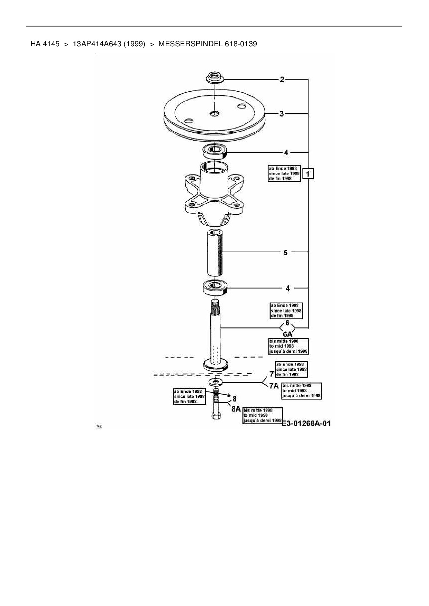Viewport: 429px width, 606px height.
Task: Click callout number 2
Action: pyautogui.click(x=282, y=79)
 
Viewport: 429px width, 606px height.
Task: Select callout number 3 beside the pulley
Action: pyautogui.click(x=282, y=113)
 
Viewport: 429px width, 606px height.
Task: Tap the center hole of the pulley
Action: pyautogui.click(x=214, y=113)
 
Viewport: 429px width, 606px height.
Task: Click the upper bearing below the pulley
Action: pyautogui.click(x=214, y=151)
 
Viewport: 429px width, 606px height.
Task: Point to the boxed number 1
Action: pyautogui.click(x=308, y=173)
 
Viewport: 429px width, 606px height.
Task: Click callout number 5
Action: pyautogui.click(x=285, y=253)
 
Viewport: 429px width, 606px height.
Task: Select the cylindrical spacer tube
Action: pyautogui.click(x=214, y=252)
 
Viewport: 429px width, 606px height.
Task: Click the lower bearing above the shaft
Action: pyautogui.click(x=214, y=287)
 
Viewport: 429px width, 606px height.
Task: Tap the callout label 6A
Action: pyautogui.click(x=287, y=334)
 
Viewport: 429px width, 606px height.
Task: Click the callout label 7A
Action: pyautogui.click(x=274, y=386)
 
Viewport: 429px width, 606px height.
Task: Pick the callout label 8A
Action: pyautogui.click(x=236, y=409)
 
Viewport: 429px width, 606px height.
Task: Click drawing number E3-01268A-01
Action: pyautogui.click(x=306, y=423)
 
